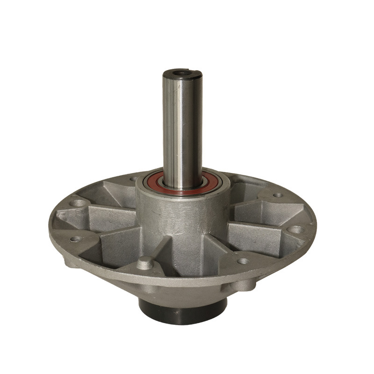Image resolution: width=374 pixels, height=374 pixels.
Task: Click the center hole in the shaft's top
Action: pos(181,73)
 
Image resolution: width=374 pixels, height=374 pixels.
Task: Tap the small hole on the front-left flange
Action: pos(75,238)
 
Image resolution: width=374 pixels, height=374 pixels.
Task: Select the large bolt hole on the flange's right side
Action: pos(295,230)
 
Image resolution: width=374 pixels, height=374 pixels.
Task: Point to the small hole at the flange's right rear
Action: pos(278,195)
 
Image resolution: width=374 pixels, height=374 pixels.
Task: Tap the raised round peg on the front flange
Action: pos(145,263)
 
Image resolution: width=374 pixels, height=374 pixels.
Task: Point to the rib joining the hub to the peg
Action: pos(159,248)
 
